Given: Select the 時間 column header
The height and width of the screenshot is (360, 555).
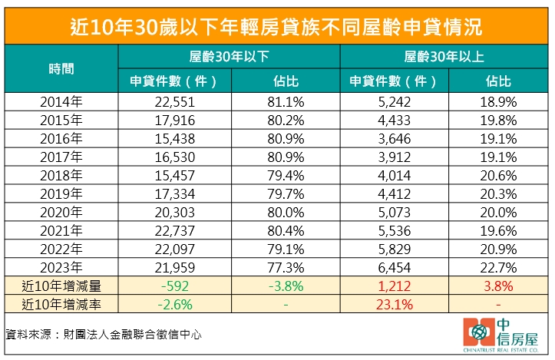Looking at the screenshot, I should pos(61,68).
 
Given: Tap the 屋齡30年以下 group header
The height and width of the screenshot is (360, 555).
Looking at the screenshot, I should pos(230,57).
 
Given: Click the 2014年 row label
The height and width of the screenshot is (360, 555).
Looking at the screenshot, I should pos(61,101).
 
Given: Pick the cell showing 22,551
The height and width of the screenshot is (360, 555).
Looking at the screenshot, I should pos(175,101).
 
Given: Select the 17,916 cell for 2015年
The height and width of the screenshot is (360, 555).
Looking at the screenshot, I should pos(175,120).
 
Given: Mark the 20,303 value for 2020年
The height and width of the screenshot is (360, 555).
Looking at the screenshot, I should pos(175,212).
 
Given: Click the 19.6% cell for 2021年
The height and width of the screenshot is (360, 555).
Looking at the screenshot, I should pos(500,230).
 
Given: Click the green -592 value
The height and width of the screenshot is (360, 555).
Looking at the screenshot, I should pos(175,286).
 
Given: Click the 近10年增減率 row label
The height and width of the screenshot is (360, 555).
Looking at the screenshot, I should pos(61,305).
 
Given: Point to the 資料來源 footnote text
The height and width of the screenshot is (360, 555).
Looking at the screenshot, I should pos(104,335).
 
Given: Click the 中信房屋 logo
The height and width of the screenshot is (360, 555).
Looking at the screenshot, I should pos(500,335).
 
